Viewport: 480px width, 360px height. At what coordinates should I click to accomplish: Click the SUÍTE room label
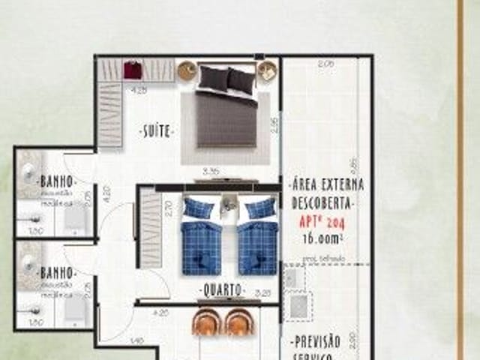157,132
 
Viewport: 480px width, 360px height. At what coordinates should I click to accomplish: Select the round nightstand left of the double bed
187,70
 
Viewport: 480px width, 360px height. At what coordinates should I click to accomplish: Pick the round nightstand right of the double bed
267,71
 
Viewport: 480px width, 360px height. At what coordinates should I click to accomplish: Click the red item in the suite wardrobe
132,70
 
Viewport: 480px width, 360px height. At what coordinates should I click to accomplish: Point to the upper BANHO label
57,181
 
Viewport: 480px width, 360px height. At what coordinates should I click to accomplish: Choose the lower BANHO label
57,271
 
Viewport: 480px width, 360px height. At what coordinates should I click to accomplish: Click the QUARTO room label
220,289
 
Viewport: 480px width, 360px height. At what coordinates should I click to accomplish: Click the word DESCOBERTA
322,202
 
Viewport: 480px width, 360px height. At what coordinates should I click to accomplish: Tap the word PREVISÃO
316,342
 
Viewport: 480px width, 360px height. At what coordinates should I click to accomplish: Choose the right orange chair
239,322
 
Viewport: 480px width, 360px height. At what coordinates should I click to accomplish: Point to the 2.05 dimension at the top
325,64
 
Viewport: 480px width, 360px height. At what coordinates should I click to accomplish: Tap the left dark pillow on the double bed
214,77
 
